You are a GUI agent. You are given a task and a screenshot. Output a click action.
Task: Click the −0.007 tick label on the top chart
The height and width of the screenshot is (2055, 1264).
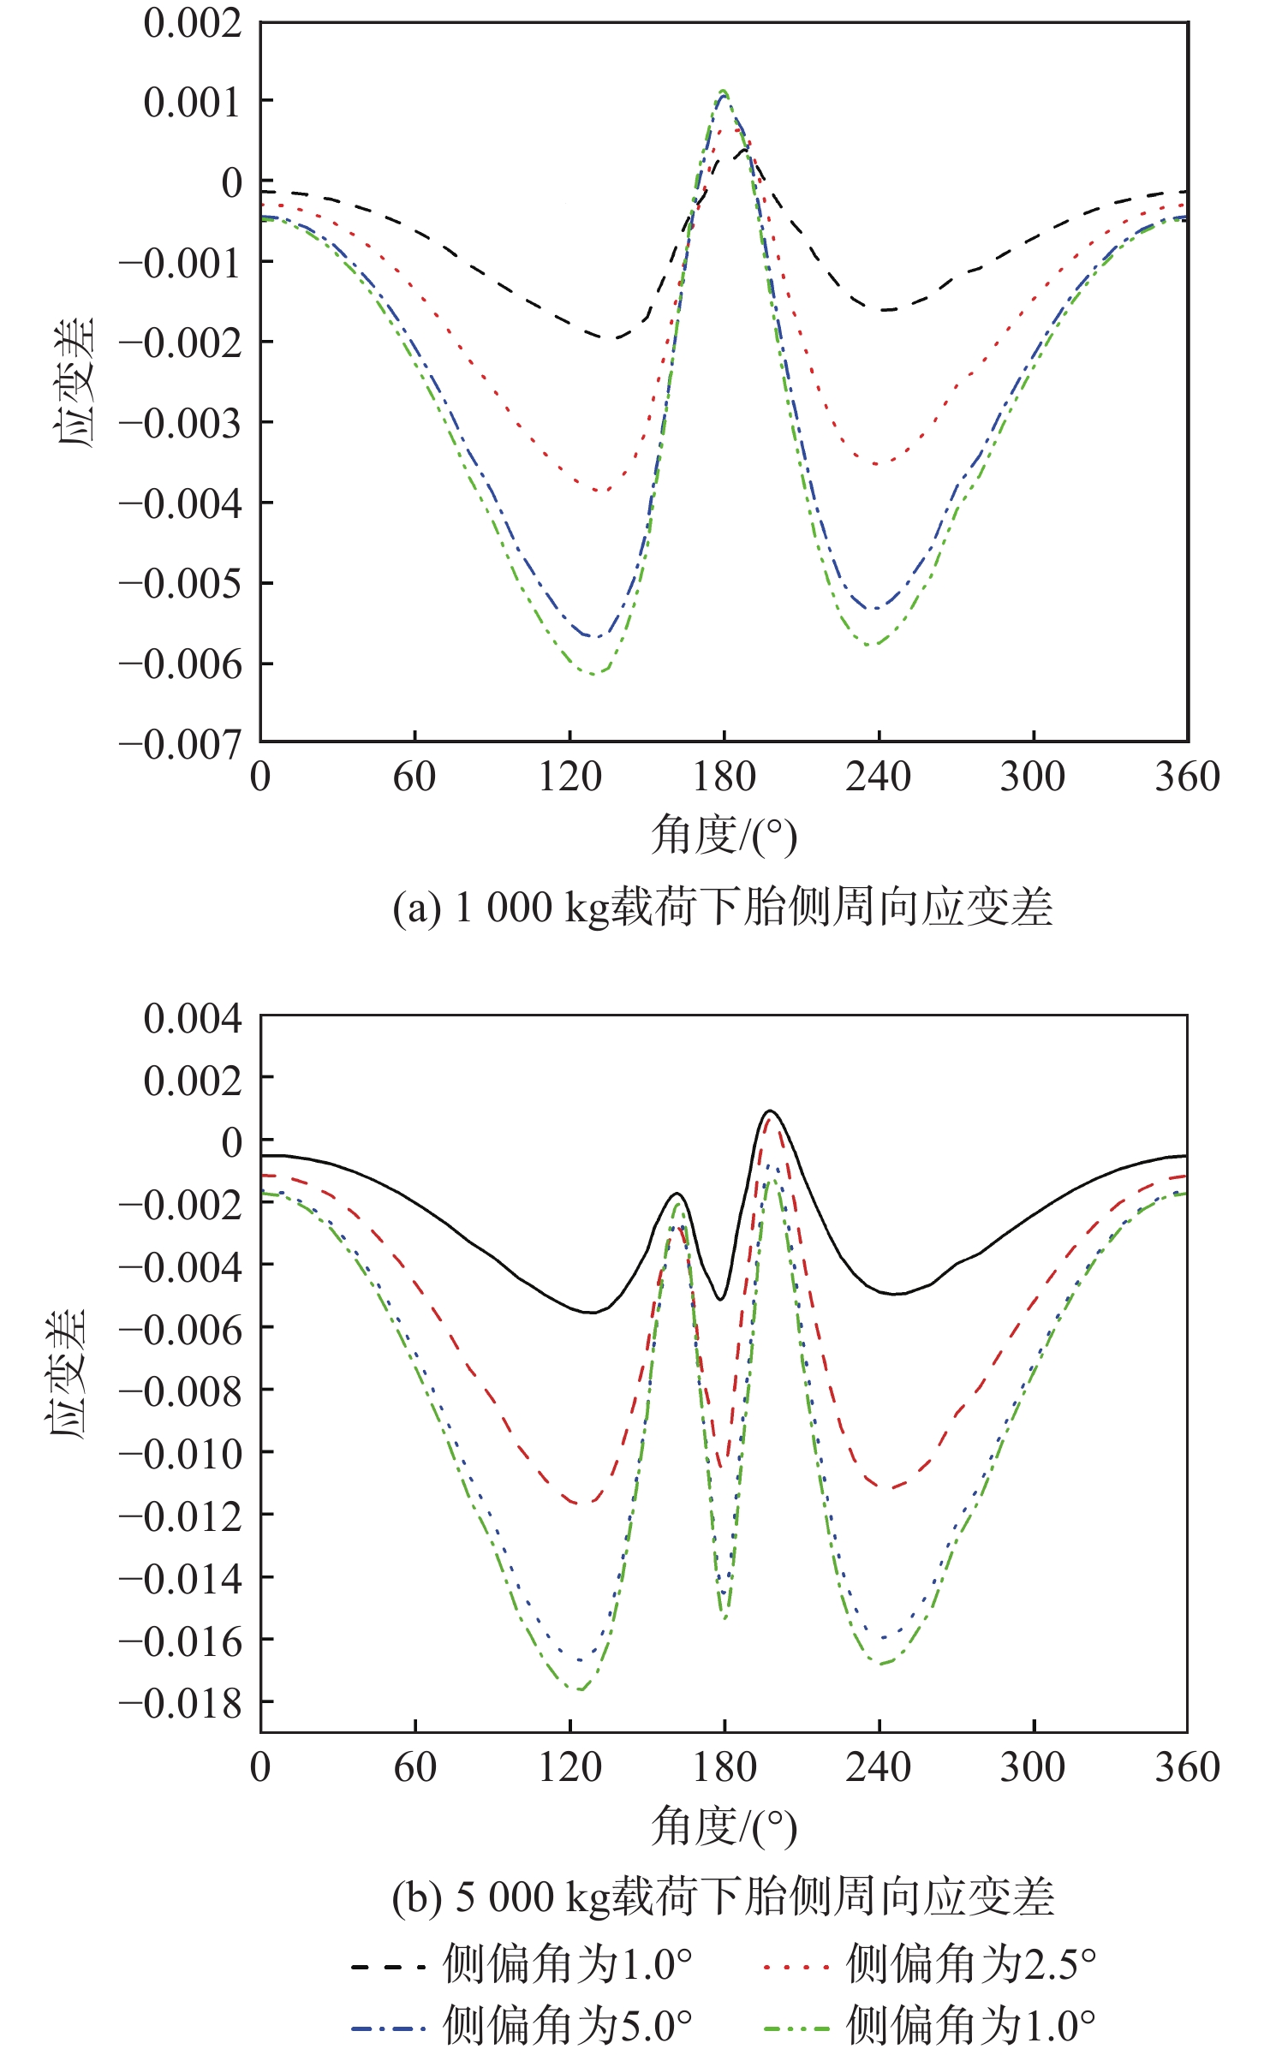coord(180,745)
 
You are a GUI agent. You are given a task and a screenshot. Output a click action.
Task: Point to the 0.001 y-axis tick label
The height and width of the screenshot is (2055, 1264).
coord(193,103)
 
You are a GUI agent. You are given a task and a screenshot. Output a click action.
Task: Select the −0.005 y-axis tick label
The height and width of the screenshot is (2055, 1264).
coord(180,585)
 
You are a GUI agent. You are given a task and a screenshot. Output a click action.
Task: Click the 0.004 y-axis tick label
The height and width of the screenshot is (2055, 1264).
coord(193,1019)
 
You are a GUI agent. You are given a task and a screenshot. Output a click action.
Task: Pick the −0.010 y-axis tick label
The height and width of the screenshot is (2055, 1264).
coord(180,1455)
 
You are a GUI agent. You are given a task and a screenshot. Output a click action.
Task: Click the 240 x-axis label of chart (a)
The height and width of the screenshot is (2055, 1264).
coord(878,777)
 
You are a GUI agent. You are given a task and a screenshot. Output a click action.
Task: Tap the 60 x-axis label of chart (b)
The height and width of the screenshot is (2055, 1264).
coord(414,1767)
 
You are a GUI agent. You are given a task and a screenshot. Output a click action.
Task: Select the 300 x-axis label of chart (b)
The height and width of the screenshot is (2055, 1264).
coord(1033,1767)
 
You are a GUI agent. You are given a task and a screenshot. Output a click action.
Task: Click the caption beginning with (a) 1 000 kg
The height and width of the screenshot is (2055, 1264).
coord(722,908)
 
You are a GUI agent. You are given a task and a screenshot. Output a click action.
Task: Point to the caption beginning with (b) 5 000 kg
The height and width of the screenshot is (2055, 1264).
coord(722,1897)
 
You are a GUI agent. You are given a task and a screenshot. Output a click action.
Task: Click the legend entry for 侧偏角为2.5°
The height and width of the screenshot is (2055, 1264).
coord(929,1964)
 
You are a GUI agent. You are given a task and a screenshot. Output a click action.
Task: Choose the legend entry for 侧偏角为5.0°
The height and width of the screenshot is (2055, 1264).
coord(521,2027)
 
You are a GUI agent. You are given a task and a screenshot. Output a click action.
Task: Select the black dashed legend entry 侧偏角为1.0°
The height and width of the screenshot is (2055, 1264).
coord(521,1964)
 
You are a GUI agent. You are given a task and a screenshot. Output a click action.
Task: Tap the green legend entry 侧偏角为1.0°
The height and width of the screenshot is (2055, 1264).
coord(929,2027)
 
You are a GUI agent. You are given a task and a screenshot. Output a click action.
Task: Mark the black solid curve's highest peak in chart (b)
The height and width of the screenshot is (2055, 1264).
coord(770,1111)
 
